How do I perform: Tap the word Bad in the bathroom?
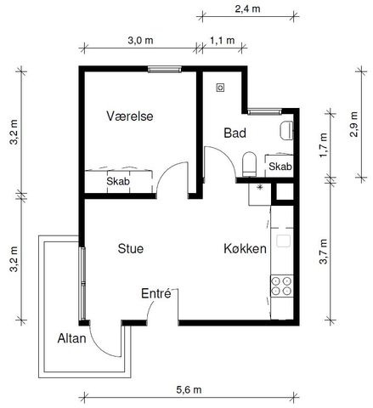[235, 133]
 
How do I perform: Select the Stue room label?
[130, 249]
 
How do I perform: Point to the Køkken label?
[246, 249]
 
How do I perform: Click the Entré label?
[157, 294]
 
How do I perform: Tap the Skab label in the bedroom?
[118, 181]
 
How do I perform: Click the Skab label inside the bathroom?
[280, 167]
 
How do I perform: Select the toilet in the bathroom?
[250, 162]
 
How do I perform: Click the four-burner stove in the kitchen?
[280, 286]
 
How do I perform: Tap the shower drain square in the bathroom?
[221, 87]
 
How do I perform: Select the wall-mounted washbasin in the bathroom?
[287, 130]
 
